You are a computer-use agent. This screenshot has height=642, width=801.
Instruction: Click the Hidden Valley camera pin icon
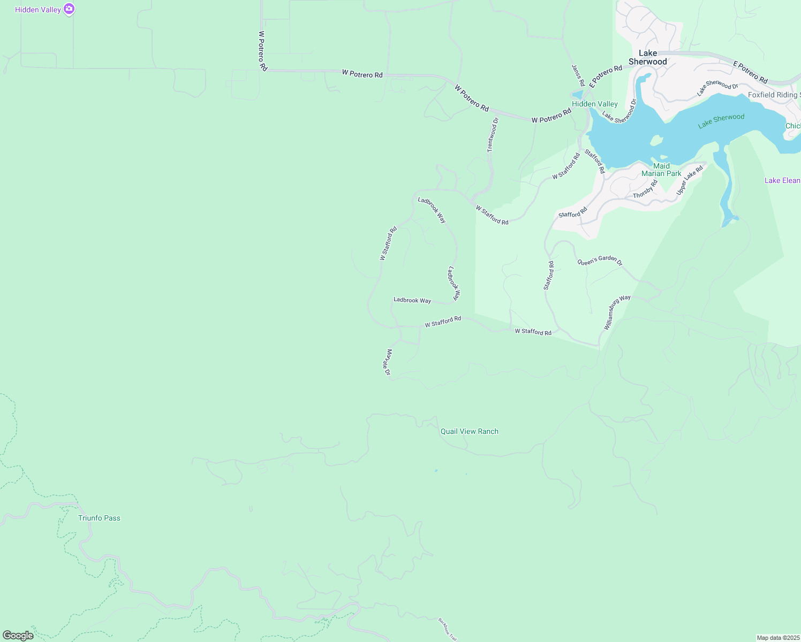tap(69, 9)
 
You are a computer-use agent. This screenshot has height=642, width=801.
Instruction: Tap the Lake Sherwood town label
tap(648, 57)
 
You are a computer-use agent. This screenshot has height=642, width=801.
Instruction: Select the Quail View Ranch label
tap(469, 431)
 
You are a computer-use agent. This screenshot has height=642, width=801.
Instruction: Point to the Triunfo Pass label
tap(99, 518)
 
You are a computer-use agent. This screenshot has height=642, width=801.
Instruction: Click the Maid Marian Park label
tap(661, 170)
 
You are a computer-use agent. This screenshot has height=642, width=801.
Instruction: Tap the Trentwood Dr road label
tap(493, 135)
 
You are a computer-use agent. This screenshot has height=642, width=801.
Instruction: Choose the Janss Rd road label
tap(578, 75)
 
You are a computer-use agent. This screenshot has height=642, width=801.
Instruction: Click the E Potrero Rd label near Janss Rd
tap(606, 76)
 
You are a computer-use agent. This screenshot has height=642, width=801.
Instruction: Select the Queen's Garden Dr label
tap(600, 261)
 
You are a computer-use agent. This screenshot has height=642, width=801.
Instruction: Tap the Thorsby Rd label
tap(645, 189)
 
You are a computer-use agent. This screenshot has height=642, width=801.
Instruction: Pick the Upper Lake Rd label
tap(689, 180)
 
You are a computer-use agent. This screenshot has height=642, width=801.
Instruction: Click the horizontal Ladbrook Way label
tap(412, 300)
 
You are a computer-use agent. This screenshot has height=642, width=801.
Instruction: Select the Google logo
tap(18, 636)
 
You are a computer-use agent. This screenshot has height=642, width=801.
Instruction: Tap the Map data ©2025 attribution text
tap(777, 638)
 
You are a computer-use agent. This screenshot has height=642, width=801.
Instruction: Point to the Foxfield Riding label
tap(774, 95)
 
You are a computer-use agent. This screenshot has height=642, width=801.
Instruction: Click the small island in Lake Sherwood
tap(656, 141)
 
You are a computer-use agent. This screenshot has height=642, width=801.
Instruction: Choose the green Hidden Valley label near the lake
tap(594, 104)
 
